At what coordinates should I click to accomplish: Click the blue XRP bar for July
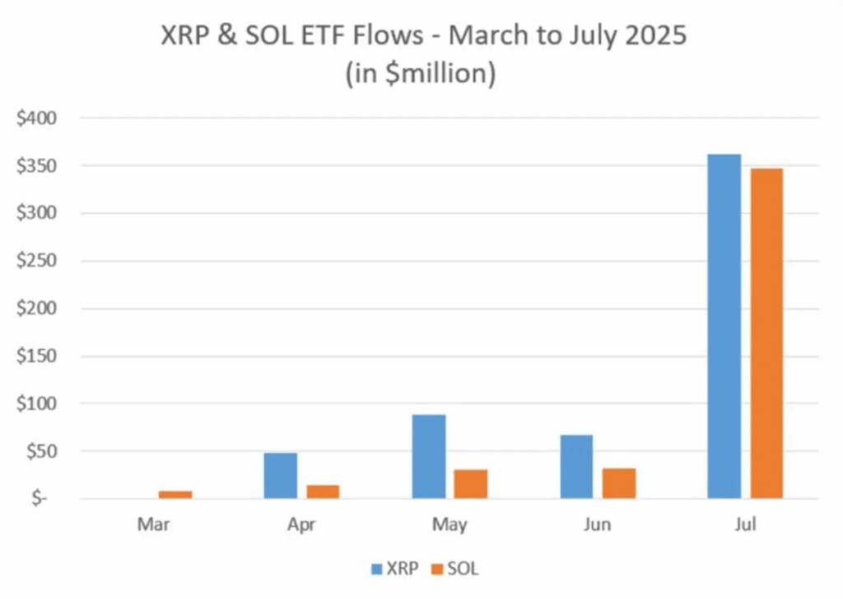point(724,326)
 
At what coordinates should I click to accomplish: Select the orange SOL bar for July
point(766,333)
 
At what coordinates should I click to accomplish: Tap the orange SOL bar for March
point(175,495)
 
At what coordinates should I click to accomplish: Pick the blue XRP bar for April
point(281,476)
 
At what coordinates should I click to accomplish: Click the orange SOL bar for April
point(323,491)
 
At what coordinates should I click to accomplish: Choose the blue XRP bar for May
point(428,457)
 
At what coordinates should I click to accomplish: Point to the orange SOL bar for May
point(470,484)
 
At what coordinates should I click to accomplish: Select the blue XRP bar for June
point(576,466)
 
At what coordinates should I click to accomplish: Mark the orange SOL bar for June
point(618,483)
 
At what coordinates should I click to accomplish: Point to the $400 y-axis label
point(36,118)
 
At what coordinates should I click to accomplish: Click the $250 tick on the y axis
point(36,261)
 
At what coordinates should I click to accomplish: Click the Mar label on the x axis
point(154,525)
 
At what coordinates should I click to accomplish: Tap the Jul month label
point(745,525)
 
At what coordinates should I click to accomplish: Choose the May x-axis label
point(449,525)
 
